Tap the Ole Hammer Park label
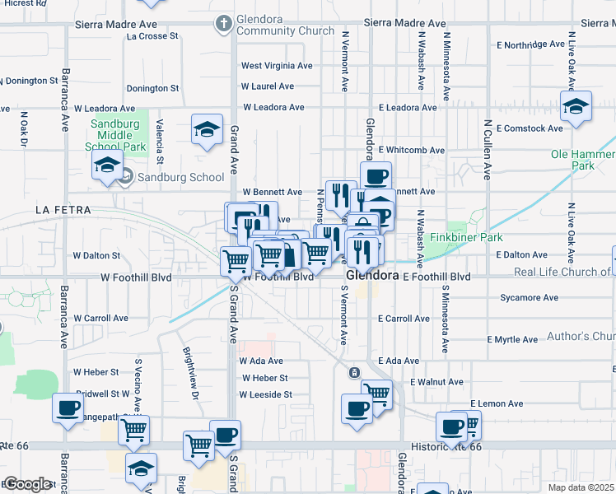coord(583,160)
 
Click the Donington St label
coord(152,87)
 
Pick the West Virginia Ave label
coord(277,66)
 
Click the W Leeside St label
coord(266,394)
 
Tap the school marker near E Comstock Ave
coord(576,105)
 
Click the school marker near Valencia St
coord(207,128)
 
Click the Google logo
coord(28,485)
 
